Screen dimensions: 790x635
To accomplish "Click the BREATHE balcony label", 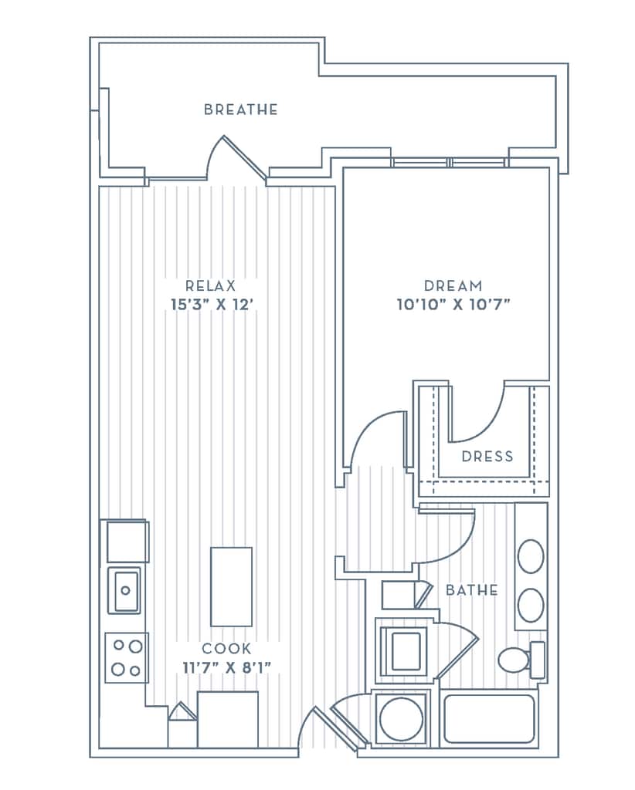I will (x=240, y=110).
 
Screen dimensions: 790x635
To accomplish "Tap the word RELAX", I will (x=210, y=285).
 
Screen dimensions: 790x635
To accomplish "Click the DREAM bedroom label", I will (x=453, y=285).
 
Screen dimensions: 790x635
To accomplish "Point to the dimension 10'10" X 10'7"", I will (x=453, y=305).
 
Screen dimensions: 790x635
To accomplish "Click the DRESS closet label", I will (x=487, y=456).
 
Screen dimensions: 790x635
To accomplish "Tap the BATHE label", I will (x=472, y=590).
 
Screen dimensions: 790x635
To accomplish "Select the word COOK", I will (x=226, y=650).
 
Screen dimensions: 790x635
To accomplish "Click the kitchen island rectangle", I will (x=231, y=586).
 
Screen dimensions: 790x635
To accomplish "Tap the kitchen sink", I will (x=124, y=590).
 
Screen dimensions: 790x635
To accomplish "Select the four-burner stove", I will (x=126, y=657).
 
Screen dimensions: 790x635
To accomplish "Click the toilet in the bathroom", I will (x=515, y=660).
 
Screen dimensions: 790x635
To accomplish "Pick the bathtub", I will (x=489, y=719).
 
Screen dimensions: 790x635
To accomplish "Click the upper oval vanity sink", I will (x=531, y=556).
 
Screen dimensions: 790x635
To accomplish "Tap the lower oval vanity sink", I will (x=531, y=606).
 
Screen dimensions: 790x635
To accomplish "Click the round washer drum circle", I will (x=401, y=719).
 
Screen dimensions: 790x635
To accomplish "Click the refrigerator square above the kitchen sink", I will (x=126, y=542).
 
